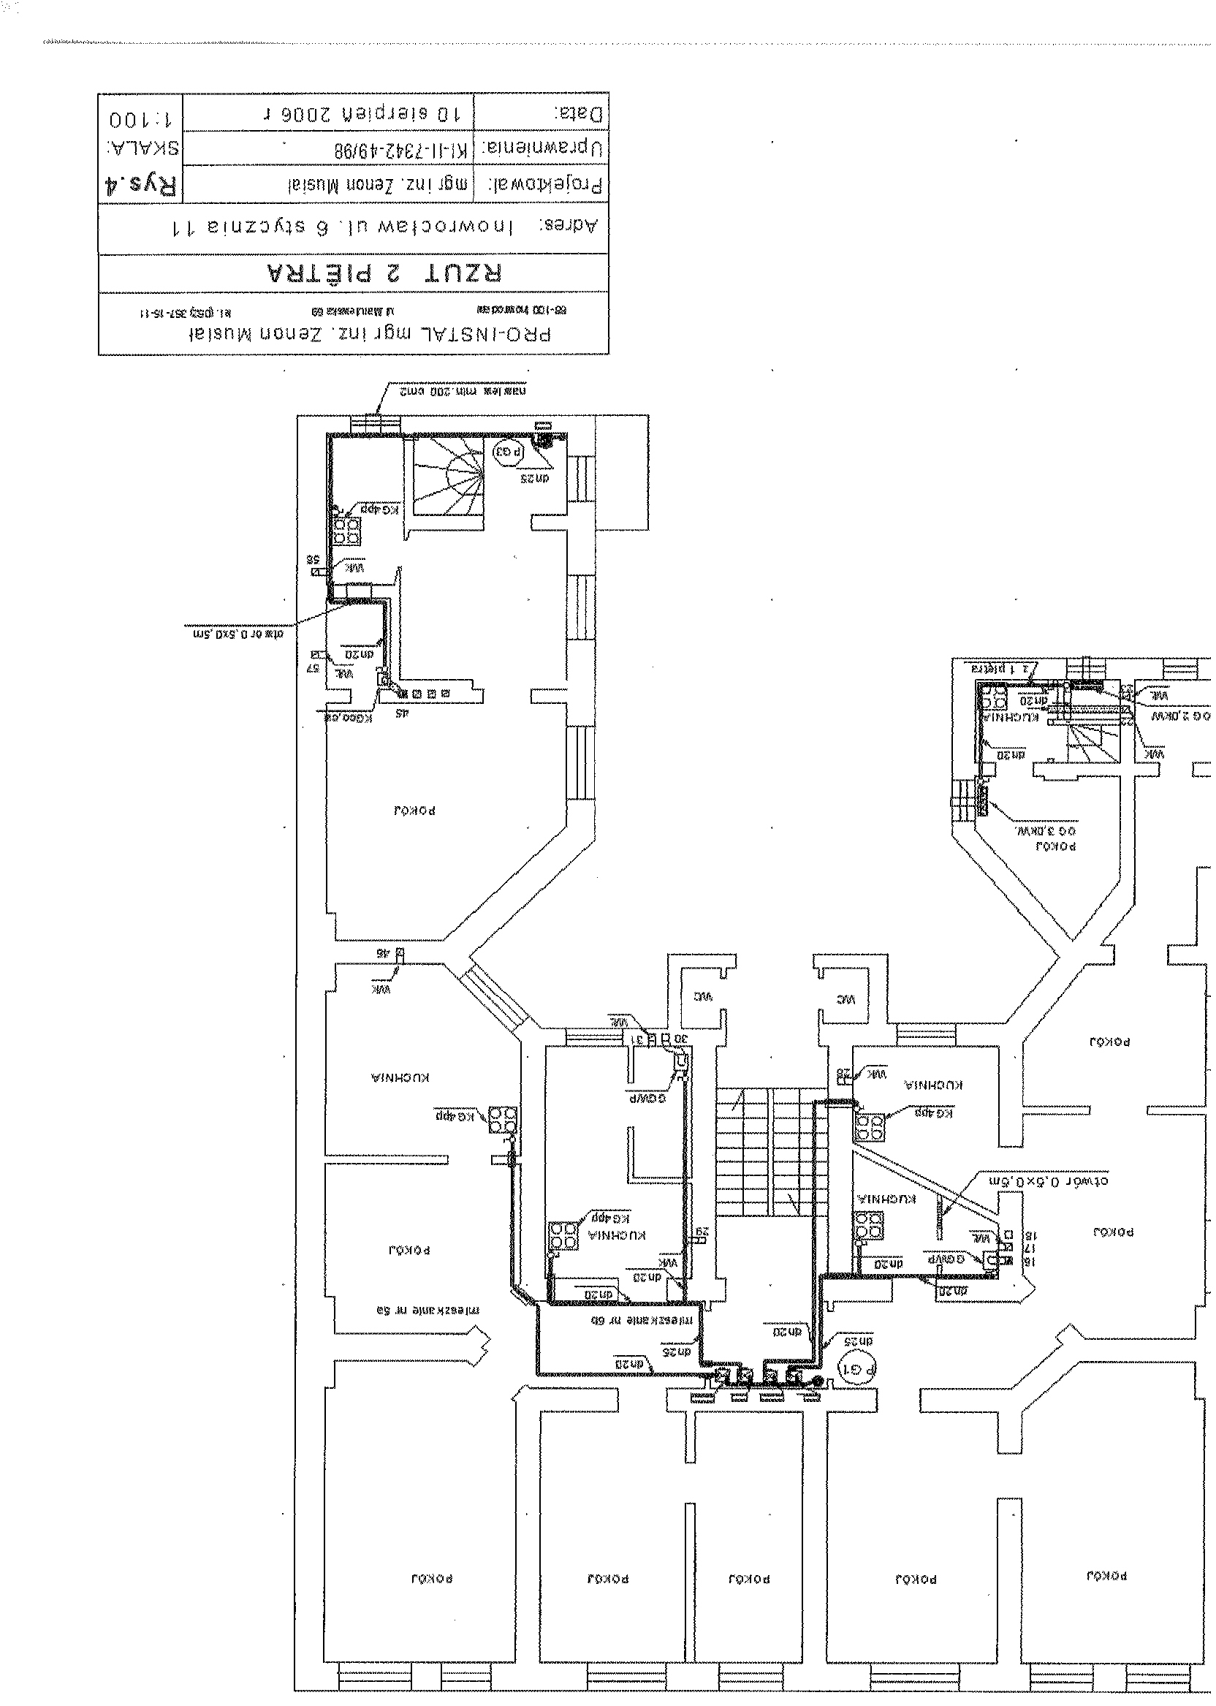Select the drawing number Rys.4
coord(141,184)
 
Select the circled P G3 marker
coord(507,452)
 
